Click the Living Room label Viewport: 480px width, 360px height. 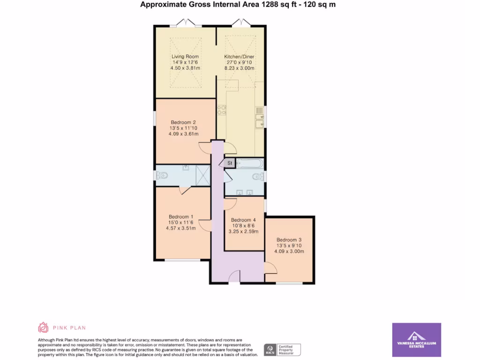(185, 57)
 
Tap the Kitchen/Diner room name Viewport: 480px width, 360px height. (239, 57)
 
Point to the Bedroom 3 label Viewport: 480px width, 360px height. (289, 240)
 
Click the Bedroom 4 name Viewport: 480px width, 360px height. (243, 220)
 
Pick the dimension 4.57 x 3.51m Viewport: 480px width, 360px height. (180, 228)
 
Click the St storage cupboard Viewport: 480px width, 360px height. (230, 163)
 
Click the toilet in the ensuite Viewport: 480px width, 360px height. (163, 176)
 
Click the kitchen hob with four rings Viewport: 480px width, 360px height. (221, 110)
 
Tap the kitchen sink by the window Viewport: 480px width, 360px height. (259, 117)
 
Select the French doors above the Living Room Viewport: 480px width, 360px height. (185, 22)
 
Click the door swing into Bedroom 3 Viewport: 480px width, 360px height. (270, 269)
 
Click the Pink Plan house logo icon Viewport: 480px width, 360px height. (43, 327)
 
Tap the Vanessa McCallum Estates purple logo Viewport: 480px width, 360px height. (416, 340)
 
